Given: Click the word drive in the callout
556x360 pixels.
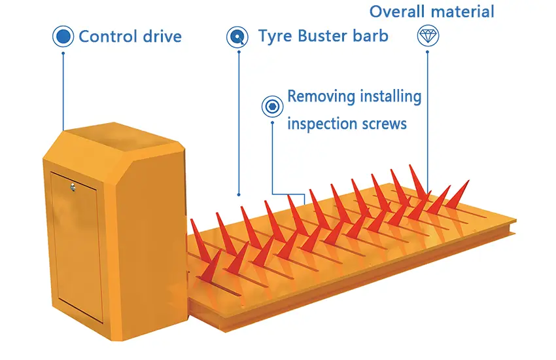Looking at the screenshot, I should click(161, 36).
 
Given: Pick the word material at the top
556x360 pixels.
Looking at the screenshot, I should click(463, 11).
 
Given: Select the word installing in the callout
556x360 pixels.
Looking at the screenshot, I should click(390, 98).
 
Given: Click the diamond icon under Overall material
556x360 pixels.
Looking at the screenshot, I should click(428, 36).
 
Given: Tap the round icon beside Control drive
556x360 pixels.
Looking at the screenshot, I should click(63, 36).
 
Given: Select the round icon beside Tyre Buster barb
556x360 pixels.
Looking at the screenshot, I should click(237, 37).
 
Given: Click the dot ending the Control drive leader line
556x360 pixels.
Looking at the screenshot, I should click(63, 130).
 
